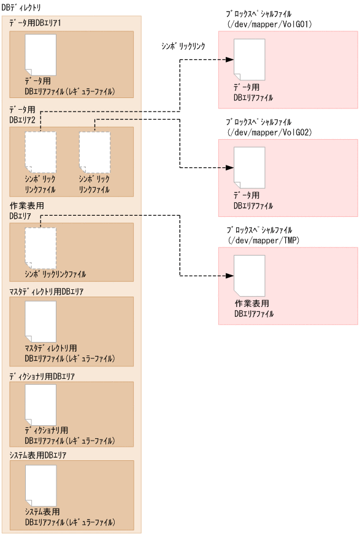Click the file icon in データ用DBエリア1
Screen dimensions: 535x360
(x=40, y=54)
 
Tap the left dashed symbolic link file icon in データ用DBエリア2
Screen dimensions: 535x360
(x=40, y=151)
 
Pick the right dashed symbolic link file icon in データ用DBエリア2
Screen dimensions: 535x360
(x=95, y=151)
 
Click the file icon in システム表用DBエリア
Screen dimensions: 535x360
(x=40, y=485)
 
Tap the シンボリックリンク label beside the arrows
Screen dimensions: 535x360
(x=182, y=45)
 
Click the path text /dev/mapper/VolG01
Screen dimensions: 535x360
(x=262, y=25)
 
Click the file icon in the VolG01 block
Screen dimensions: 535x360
(x=250, y=59)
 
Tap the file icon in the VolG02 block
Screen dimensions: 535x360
(x=250, y=167)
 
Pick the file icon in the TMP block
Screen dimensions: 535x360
(x=250, y=276)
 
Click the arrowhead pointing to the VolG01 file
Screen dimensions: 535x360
(x=229, y=59)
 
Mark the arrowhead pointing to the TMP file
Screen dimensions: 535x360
(x=229, y=276)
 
